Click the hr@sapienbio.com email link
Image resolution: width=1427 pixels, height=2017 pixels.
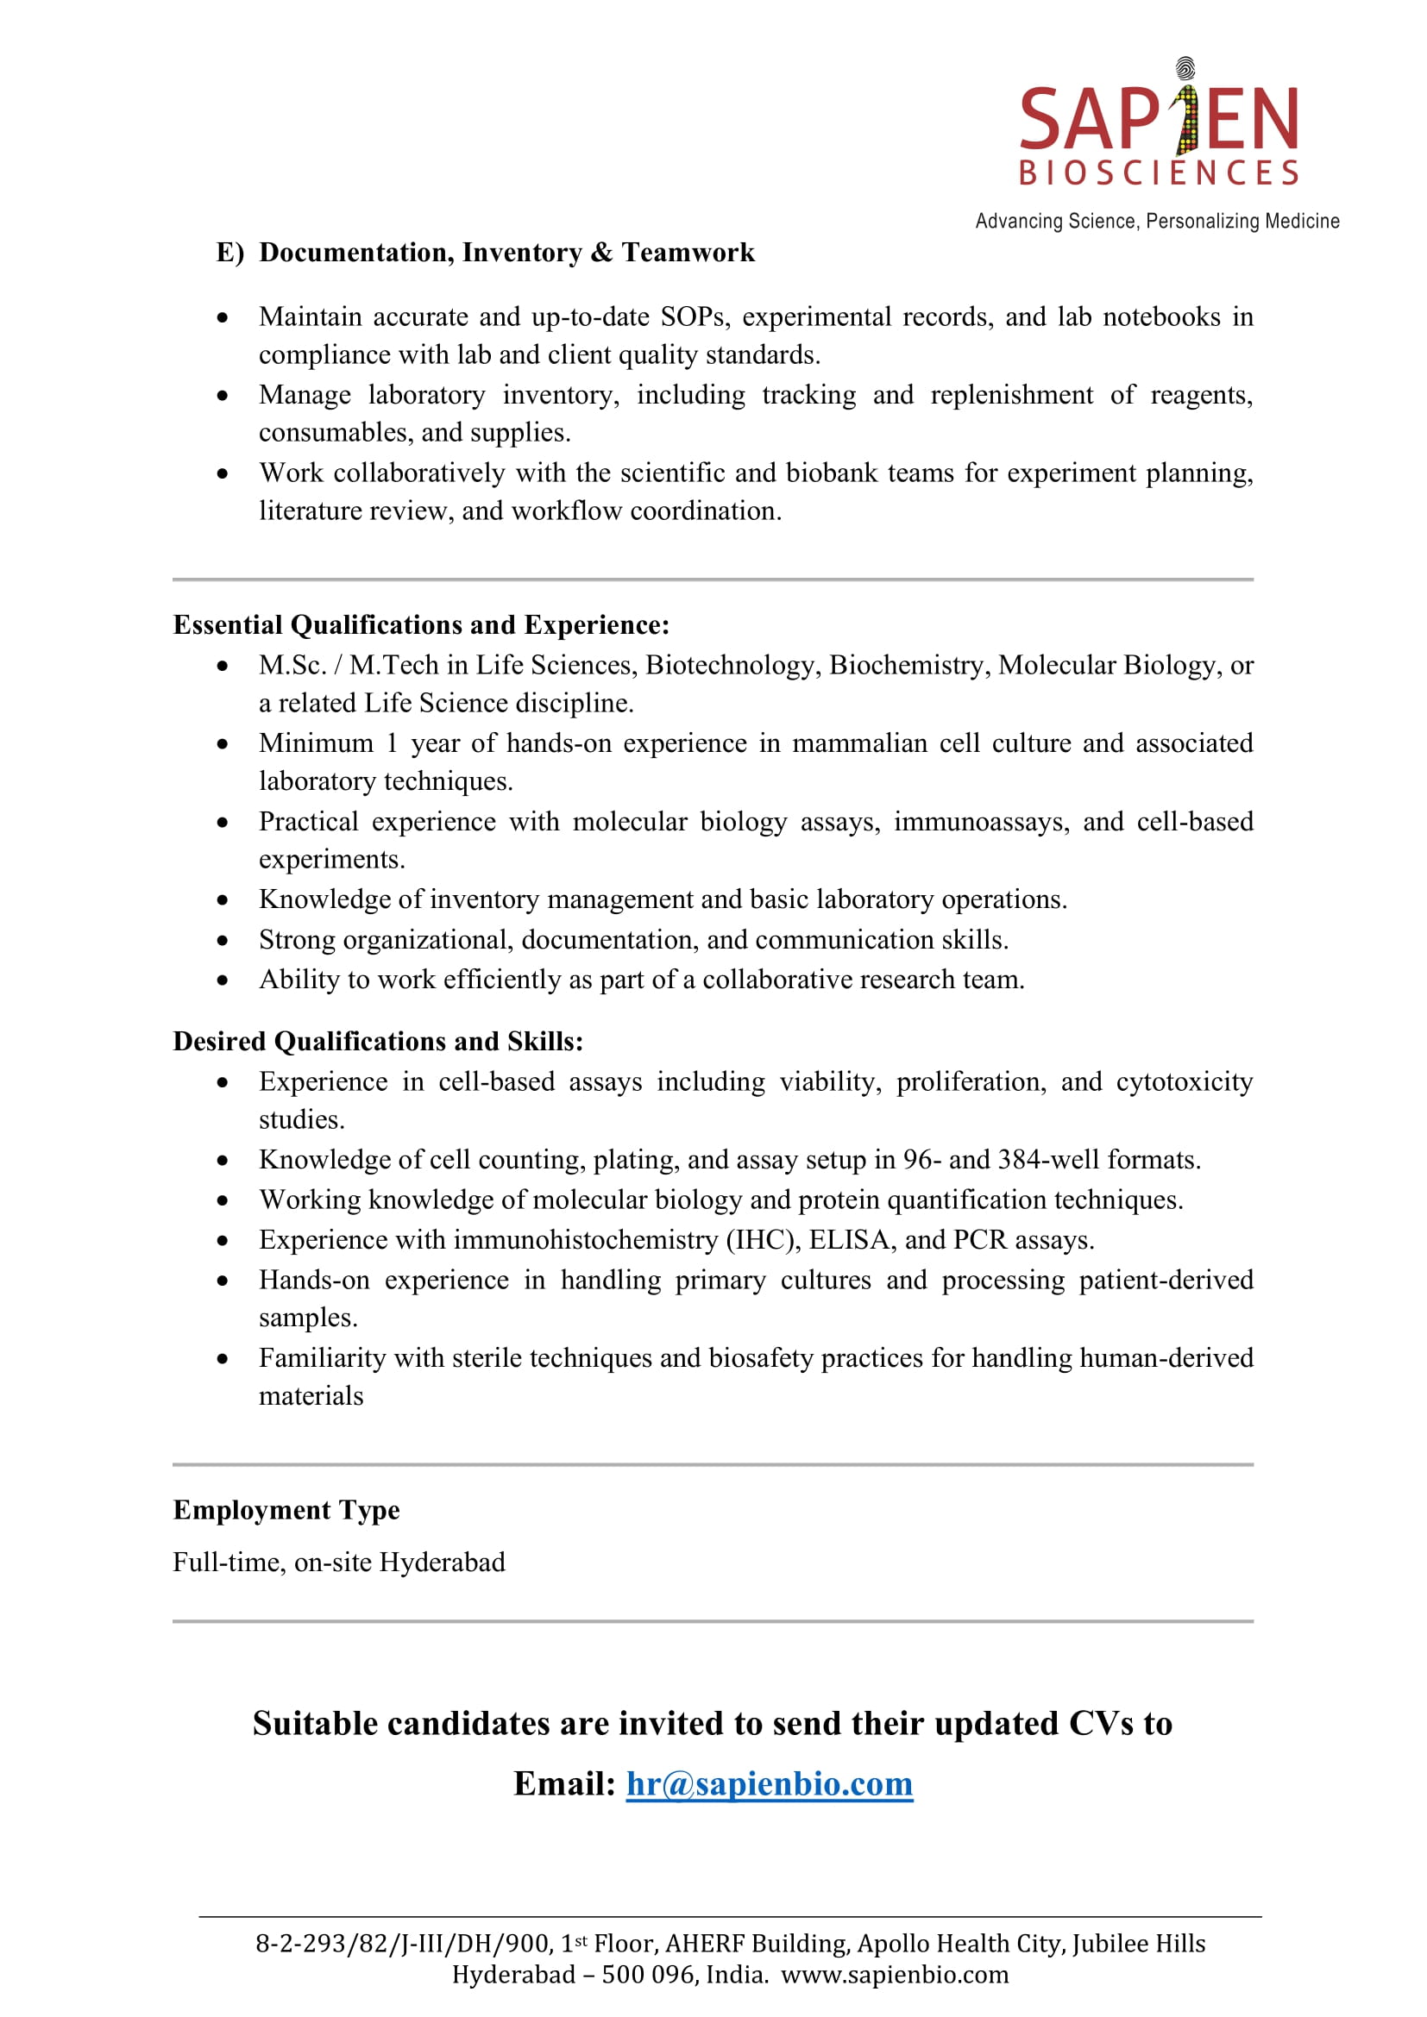click(769, 1784)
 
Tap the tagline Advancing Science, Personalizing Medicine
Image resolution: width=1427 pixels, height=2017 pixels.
click(1157, 222)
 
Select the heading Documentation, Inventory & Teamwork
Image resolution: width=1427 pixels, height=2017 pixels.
click(506, 253)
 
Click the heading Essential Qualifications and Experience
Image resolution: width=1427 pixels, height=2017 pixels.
click(421, 624)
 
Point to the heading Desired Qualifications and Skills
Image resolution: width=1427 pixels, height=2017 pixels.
click(378, 1041)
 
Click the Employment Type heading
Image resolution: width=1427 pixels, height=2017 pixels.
click(286, 1510)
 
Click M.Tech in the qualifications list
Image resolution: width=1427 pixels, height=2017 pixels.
click(393, 666)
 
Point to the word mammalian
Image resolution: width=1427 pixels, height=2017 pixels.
click(859, 743)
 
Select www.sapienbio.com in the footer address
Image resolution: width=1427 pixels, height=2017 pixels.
click(895, 1975)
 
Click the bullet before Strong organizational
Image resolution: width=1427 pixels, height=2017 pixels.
click(223, 941)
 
